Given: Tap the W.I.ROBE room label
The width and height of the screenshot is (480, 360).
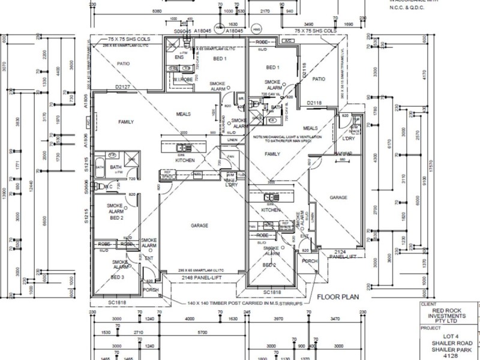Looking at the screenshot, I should click(x=181, y=79).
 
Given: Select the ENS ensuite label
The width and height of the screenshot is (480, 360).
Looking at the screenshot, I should click(x=179, y=58).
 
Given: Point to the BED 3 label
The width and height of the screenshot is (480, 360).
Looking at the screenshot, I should click(x=118, y=278).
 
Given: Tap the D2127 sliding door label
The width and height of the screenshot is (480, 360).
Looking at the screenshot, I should click(x=124, y=88).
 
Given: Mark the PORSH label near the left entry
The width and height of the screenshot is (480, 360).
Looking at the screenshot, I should click(x=151, y=289).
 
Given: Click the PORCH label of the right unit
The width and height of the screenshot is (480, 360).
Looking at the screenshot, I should click(x=309, y=261).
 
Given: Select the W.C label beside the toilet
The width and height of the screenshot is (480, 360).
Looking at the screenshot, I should click(x=109, y=187).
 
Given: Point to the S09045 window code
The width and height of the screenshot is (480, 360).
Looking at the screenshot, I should click(x=182, y=31).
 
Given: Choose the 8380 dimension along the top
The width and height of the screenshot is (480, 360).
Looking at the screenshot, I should click(x=157, y=11).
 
